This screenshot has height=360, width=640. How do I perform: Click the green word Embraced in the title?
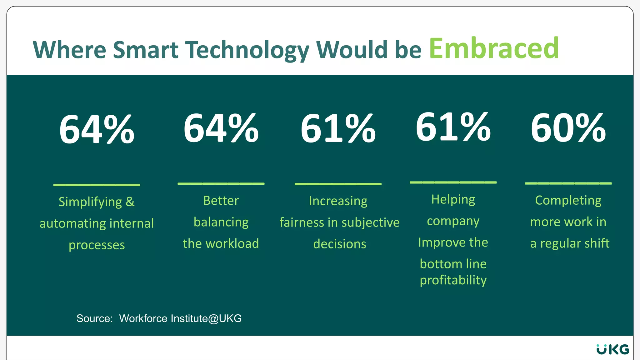click(x=494, y=48)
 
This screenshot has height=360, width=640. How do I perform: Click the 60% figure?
click(x=568, y=128)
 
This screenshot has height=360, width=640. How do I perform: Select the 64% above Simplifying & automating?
click(x=97, y=129)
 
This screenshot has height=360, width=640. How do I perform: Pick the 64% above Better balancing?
click(x=221, y=128)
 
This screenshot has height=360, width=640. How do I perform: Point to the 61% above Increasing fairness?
click(x=338, y=128)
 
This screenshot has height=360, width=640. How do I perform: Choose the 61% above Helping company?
click(x=453, y=127)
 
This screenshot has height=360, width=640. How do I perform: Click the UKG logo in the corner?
click(x=612, y=349)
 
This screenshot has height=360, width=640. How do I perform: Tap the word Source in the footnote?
click(x=94, y=318)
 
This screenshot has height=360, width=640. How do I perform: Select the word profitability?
click(x=453, y=280)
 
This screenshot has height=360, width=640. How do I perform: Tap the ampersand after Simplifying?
click(x=130, y=202)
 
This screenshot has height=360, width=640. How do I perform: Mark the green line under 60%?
click(x=568, y=183)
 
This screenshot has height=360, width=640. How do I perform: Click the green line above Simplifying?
click(x=97, y=185)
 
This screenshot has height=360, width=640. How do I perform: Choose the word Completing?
click(x=568, y=201)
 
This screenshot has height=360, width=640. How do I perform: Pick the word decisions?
click(x=339, y=244)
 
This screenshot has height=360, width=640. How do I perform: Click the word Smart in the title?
click(x=146, y=50)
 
